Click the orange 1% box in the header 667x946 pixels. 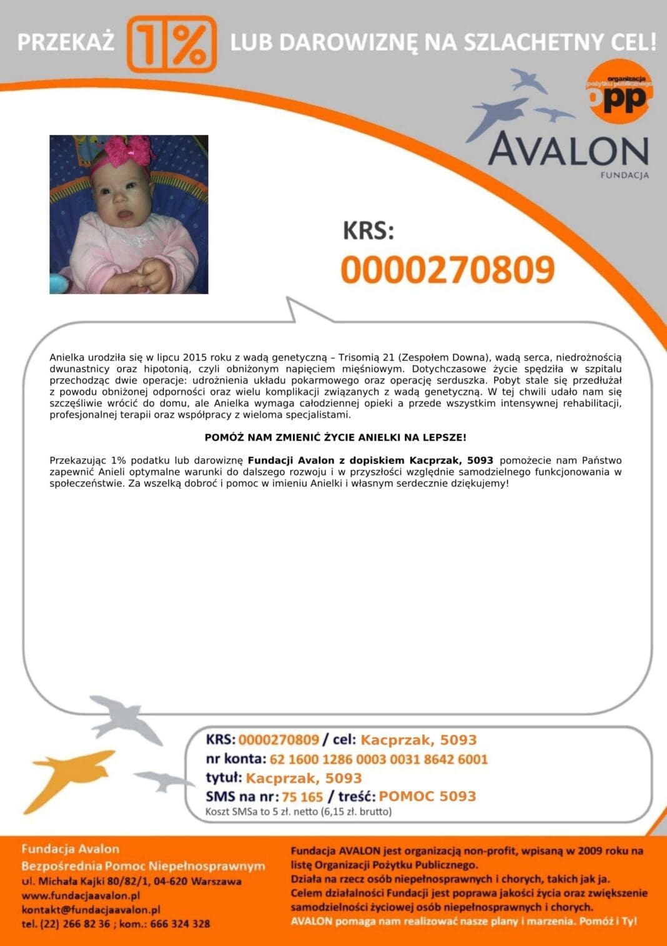point(172,44)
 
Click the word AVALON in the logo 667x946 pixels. point(568,150)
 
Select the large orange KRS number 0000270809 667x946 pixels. point(448,270)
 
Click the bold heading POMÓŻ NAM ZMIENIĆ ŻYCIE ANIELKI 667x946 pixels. point(335,438)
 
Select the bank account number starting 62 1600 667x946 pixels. point(378,759)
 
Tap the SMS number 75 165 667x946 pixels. point(302,797)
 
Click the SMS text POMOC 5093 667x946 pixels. point(427,796)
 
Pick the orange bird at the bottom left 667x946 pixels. point(69,777)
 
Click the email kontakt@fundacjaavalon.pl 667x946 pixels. point(91,910)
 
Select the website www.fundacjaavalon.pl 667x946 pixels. point(81,895)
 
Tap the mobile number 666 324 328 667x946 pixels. point(180,924)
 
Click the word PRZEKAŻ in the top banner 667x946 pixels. point(66,42)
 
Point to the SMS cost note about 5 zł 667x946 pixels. point(299,812)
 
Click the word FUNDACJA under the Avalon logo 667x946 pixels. point(624,175)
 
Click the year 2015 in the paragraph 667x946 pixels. point(190,358)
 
